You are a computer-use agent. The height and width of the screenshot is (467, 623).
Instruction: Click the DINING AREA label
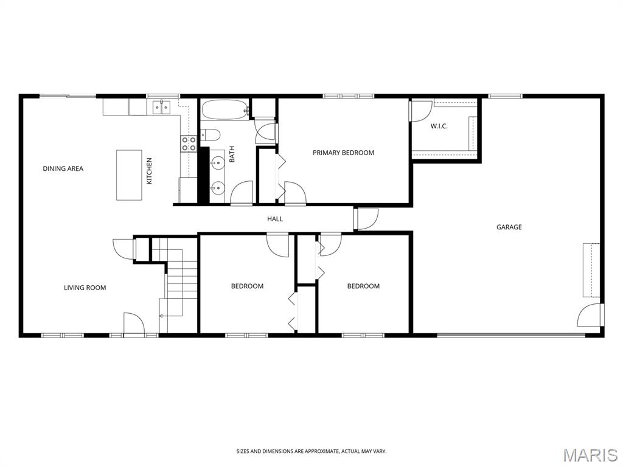[x=63, y=168]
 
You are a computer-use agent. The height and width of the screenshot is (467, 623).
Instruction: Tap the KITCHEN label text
[x=150, y=171]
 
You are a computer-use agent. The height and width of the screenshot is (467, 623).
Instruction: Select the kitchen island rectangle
[x=129, y=175]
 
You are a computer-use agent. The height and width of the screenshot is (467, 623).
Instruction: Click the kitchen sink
[x=161, y=107]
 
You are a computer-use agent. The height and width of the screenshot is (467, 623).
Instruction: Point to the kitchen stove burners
[x=189, y=144]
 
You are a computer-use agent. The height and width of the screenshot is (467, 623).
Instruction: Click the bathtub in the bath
[x=225, y=109]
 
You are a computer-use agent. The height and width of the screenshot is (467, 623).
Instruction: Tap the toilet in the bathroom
[x=211, y=136]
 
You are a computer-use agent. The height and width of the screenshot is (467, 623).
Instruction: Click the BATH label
[x=232, y=154]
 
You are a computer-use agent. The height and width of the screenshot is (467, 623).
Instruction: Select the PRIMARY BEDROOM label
[x=343, y=153]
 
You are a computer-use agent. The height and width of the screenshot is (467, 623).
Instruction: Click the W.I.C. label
[x=439, y=126]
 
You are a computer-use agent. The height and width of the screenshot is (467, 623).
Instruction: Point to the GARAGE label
[x=509, y=227]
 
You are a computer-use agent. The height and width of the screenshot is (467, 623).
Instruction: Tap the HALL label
[x=275, y=219]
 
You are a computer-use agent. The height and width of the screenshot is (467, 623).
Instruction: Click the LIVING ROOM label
[x=85, y=288]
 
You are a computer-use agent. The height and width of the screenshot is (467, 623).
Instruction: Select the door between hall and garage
[x=366, y=219]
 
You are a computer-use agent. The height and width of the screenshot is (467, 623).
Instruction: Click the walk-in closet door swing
[x=420, y=111]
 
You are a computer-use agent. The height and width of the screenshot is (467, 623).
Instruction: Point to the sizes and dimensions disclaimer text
[x=311, y=452]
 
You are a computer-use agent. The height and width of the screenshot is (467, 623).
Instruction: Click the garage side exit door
[x=590, y=315]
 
